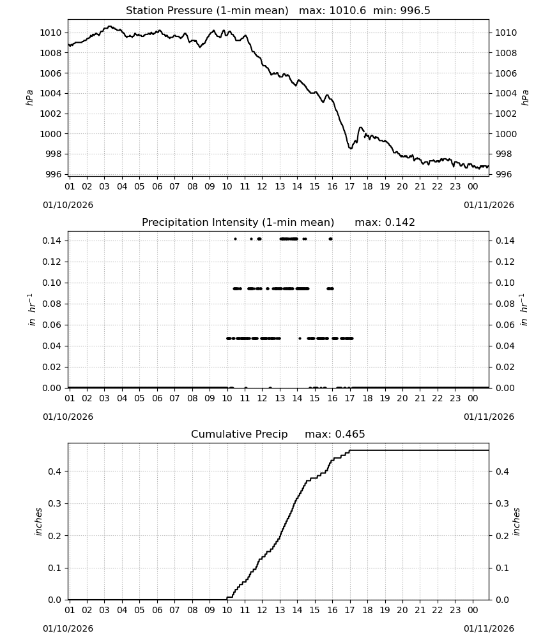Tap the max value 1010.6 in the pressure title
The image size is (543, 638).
coord(348,11)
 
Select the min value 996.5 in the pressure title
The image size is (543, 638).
coord(415,11)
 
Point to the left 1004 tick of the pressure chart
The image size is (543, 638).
coord(50,94)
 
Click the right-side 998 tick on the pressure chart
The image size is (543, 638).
coord(506,154)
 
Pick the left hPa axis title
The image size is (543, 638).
coord(29,98)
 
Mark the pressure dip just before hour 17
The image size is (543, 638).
coord(350,148)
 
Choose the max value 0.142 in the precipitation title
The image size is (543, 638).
coord(400,223)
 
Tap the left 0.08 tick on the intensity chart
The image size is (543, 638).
coord(52,304)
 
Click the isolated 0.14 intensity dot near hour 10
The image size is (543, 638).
coord(236,239)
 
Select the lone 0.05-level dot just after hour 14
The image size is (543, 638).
coord(300,339)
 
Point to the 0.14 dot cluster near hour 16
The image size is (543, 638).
coord(330,239)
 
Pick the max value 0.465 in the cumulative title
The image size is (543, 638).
coord(350,434)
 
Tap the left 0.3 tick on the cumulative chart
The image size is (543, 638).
coord(54,504)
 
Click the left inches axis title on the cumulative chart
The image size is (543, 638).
coord(39,522)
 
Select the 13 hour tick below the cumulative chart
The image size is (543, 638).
coord(280,610)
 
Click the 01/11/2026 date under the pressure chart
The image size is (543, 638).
coord(489,205)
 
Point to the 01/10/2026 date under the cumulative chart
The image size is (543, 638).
coord(68,628)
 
